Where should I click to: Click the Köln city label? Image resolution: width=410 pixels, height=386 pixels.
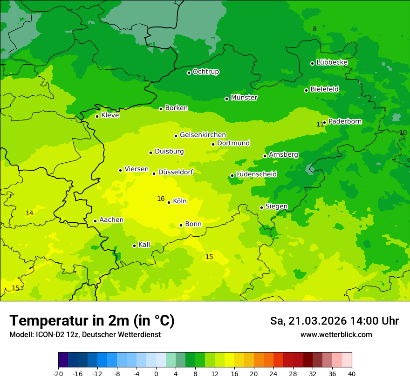click(x=180, y=201)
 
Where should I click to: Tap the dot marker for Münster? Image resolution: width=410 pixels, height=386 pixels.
click(x=227, y=99)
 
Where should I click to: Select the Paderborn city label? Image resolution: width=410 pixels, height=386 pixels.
click(x=345, y=121)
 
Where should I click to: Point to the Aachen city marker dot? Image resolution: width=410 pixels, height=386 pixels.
click(x=96, y=221)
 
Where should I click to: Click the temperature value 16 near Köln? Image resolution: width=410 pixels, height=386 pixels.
click(x=161, y=199)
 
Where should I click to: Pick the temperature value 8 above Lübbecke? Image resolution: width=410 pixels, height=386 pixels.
click(x=314, y=29)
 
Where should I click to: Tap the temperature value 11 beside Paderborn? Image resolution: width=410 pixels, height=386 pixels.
click(x=320, y=124)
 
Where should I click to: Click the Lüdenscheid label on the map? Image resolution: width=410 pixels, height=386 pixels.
click(x=256, y=174)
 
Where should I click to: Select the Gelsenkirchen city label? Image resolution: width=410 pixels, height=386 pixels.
click(x=203, y=135)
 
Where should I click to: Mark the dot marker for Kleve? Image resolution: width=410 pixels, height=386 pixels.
click(x=97, y=116)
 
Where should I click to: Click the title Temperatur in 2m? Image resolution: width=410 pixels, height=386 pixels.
click(x=92, y=321)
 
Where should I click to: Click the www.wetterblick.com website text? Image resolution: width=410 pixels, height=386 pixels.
click(x=336, y=335)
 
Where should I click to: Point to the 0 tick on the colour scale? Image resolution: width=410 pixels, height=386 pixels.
click(x=156, y=374)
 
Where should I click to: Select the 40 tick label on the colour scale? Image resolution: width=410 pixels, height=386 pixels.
click(x=352, y=374)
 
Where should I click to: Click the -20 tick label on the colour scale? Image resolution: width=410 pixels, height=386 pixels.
click(x=58, y=374)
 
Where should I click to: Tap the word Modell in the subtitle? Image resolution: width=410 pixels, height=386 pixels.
click(x=20, y=335)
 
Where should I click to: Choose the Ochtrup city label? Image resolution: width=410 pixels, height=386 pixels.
click(x=206, y=72)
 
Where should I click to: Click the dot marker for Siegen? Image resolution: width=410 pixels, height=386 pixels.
click(x=262, y=207)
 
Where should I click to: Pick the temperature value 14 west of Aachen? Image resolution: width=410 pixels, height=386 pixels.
click(x=29, y=213)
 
